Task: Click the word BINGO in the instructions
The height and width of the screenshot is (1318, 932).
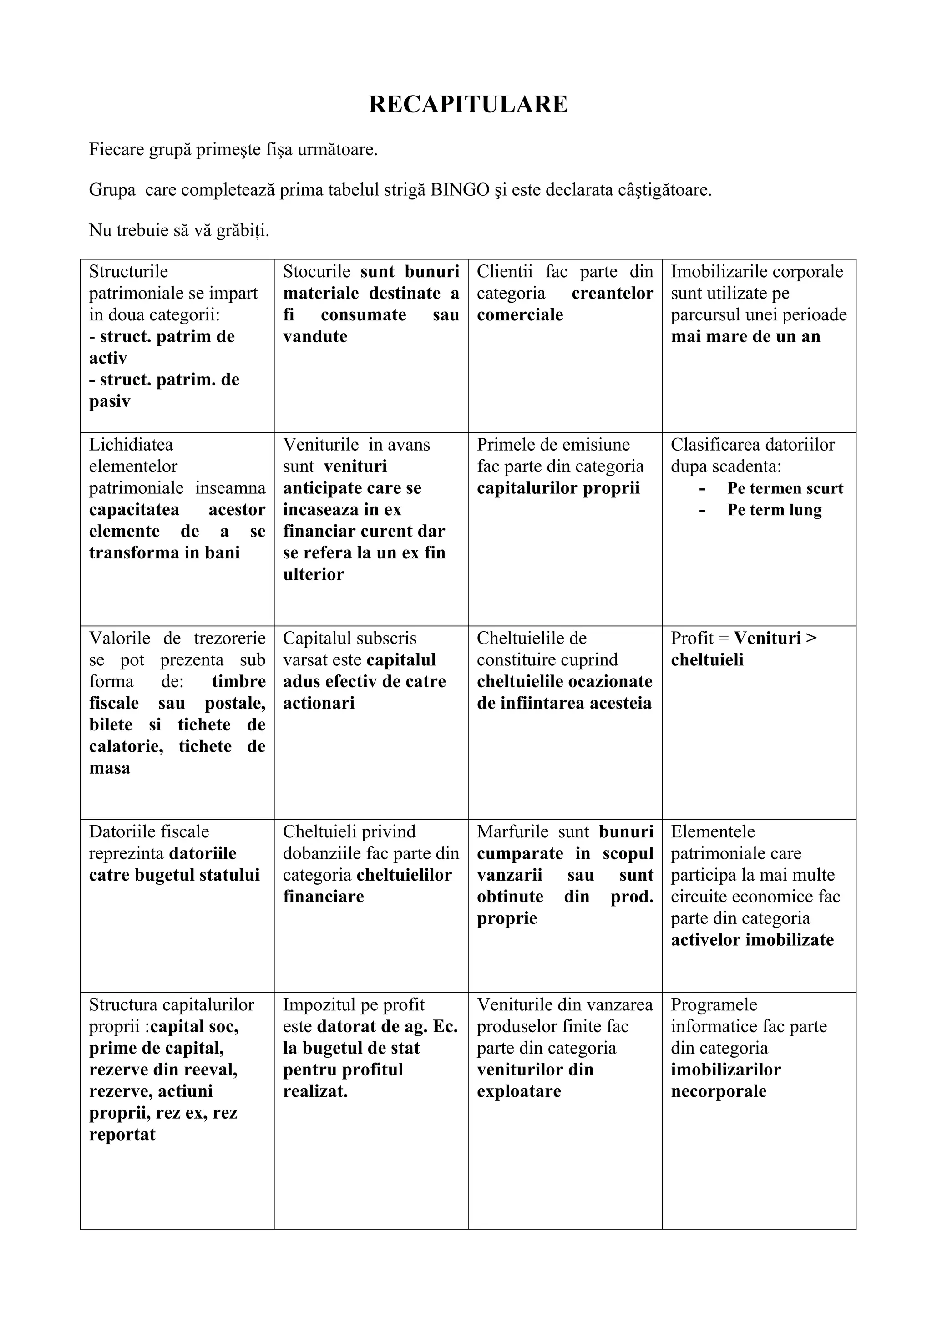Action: point(460,190)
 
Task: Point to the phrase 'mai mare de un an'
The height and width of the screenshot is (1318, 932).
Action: point(745,336)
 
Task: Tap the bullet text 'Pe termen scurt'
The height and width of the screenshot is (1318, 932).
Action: point(785,488)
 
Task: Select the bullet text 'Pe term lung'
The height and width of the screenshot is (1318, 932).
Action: point(774,510)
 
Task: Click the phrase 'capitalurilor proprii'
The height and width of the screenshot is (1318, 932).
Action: point(558,488)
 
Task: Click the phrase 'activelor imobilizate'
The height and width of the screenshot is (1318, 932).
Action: point(752,940)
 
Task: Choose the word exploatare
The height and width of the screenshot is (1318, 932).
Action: point(519,1091)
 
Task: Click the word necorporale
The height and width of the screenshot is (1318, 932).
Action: point(719,1091)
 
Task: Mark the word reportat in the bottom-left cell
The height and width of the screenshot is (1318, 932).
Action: point(122,1134)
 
